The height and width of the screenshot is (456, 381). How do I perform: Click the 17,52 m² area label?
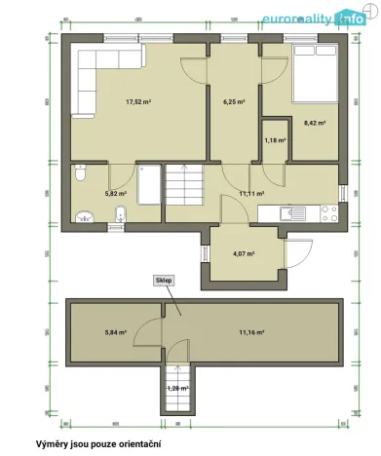(x=135, y=101)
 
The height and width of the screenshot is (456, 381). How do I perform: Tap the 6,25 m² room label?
(x=233, y=101)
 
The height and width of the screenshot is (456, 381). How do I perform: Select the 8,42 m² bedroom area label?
(x=314, y=123)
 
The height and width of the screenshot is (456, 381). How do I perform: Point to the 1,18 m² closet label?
(x=275, y=140)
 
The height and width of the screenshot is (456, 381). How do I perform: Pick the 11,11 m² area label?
(x=253, y=194)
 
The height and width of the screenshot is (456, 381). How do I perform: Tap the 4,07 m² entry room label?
(x=244, y=254)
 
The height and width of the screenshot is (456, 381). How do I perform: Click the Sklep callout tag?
(x=164, y=280)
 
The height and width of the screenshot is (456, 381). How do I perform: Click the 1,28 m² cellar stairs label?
(x=177, y=389)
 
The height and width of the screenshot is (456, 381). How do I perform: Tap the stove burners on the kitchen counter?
(x=329, y=211)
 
